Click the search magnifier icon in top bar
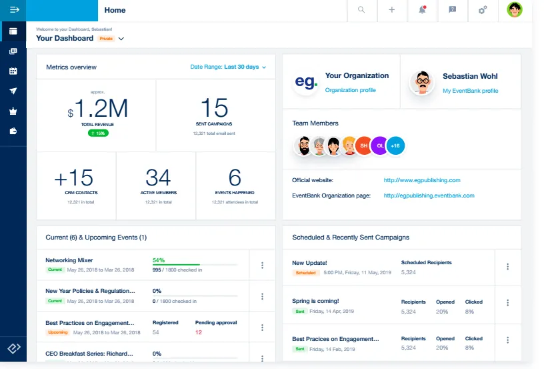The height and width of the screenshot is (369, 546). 361,10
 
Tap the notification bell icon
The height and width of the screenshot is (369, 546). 422,10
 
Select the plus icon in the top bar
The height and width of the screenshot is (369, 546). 392,10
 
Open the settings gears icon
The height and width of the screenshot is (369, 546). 483,10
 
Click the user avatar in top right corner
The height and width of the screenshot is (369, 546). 515,10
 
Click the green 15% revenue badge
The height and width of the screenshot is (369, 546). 98,133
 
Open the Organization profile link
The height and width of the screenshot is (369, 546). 351,90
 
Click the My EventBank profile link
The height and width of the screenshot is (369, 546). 470,91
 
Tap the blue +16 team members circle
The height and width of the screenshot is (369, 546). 395,145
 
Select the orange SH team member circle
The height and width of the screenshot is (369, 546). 364,145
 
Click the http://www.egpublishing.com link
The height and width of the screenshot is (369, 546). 422,180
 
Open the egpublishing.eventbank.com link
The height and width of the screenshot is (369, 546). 429,196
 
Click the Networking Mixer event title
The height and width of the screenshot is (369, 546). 69,260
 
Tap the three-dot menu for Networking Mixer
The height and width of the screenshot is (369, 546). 262,265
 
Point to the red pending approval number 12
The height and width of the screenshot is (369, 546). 199,332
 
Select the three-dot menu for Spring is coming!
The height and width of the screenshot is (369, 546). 508,305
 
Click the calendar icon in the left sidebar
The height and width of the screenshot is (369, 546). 13,71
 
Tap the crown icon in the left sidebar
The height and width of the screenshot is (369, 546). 13,111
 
